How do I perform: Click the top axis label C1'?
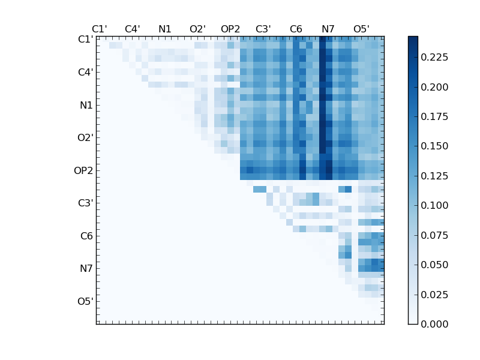99,29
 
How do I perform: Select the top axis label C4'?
132,29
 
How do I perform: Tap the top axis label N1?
165,29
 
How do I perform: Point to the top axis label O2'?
197,29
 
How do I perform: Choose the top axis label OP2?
230,29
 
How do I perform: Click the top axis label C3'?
263,29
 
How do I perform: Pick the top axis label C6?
296,29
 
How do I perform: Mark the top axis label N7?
328,29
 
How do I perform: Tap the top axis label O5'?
361,29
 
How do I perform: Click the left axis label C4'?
85,73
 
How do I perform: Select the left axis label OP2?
83,170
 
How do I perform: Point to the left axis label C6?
86,236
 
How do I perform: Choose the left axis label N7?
86,269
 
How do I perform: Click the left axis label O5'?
85,301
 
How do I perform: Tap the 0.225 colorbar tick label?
434,57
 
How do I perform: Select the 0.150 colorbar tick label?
434,146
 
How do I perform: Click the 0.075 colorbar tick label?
434,235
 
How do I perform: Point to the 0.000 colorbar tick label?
434,324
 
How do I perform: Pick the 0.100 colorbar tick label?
434,205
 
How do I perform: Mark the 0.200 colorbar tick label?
434,86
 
